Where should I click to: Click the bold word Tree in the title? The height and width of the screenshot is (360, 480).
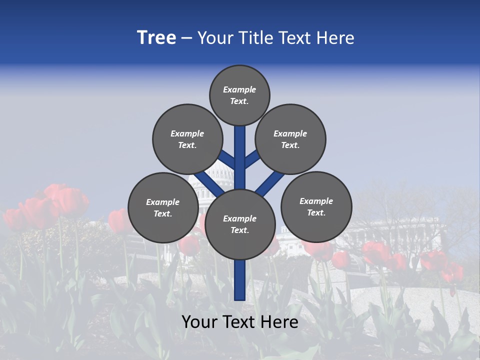point(156,38)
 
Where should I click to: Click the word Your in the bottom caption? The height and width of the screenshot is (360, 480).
point(199,322)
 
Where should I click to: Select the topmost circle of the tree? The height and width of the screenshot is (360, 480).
point(239,95)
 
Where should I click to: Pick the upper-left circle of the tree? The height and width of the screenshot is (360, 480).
point(187,139)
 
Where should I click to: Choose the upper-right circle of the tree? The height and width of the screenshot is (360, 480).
point(290,139)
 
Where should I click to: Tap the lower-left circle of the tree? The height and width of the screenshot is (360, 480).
point(163,207)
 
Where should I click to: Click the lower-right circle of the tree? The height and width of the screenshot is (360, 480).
point(316,206)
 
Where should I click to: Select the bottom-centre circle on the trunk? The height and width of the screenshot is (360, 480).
point(240,224)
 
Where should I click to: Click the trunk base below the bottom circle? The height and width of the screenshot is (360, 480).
point(240,280)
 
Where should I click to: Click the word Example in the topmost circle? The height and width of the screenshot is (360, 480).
point(239,90)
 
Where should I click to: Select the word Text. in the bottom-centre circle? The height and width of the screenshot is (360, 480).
point(239,230)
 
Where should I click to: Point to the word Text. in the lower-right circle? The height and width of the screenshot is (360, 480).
point(316,212)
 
